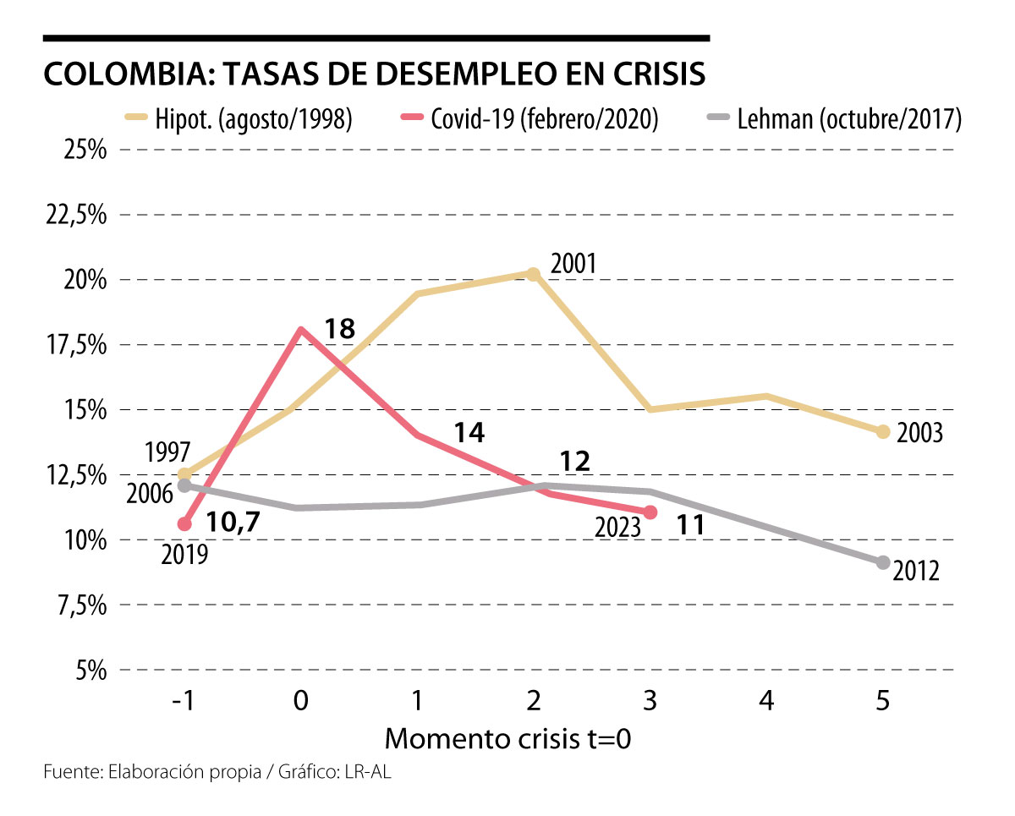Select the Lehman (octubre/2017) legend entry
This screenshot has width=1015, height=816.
tap(832, 119)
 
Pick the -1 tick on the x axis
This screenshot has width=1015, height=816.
tap(180, 702)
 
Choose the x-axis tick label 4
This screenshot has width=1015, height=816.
tap(766, 702)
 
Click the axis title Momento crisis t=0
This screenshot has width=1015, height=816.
tap(508, 738)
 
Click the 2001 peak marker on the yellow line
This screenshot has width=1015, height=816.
tap(533, 273)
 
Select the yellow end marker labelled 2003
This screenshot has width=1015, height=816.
tap(883, 432)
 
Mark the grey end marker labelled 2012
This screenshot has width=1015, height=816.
tap(883, 562)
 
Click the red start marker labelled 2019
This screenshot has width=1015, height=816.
tap(185, 524)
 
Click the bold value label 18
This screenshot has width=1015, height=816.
tap(338, 328)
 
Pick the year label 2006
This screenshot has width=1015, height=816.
tap(151, 493)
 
